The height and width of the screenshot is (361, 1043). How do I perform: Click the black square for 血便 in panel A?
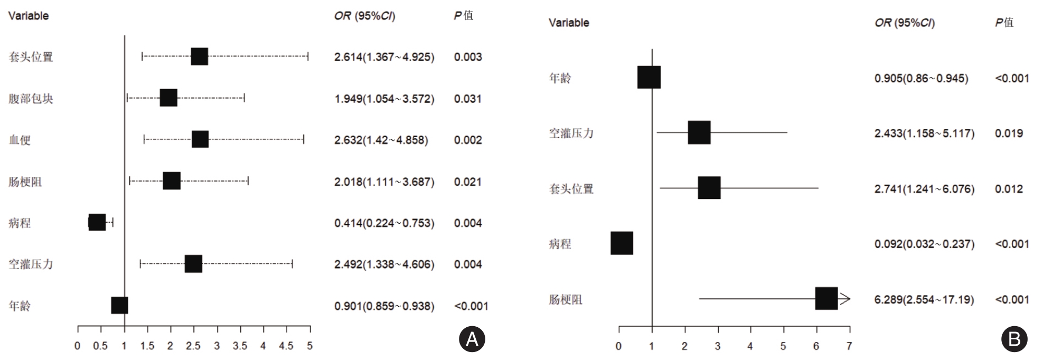(200, 139)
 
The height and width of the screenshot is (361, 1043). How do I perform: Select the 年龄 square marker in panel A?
(120, 305)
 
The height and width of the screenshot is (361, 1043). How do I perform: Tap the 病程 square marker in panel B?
(622, 243)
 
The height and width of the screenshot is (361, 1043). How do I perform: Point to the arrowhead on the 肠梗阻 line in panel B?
(845, 299)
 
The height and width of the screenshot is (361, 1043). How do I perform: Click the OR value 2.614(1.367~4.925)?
(384, 57)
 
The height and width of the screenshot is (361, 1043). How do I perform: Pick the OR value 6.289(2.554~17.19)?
(924, 300)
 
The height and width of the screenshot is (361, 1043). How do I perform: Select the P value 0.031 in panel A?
(467, 99)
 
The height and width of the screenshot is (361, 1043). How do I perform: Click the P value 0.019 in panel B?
(1009, 133)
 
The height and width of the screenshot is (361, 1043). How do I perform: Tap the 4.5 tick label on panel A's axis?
(286, 346)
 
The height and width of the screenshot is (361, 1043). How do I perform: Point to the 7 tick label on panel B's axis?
(849, 347)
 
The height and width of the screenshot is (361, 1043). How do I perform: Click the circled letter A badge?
(472, 339)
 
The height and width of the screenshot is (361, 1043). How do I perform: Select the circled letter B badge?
(1014, 339)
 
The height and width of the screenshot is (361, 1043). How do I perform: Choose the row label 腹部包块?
(31, 99)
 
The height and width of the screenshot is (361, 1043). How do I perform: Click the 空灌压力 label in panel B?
(571, 133)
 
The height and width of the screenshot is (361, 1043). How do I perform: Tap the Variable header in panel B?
(569, 23)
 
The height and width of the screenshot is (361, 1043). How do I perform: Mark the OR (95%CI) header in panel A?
(364, 16)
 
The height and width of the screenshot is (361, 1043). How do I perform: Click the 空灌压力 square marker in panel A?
(193, 264)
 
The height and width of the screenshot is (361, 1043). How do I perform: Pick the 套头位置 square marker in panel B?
(709, 188)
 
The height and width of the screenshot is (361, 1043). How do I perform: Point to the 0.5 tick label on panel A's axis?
(100, 346)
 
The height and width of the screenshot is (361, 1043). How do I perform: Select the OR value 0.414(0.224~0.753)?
(384, 223)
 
